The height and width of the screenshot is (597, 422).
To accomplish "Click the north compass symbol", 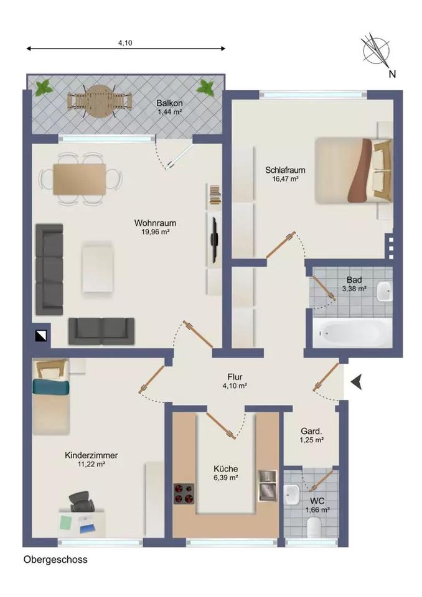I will click(x=376, y=51).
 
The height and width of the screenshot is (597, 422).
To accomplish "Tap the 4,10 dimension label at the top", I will click(x=126, y=43).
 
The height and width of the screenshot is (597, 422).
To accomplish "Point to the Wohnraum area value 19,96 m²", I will click(x=156, y=232).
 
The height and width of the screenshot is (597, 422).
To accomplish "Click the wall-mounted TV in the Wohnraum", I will click(x=213, y=239).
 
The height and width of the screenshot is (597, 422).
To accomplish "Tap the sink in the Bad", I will click(x=385, y=289).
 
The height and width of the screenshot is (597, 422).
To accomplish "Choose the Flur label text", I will click(x=234, y=377).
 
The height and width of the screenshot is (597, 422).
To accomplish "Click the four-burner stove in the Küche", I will click(x=184, y=493).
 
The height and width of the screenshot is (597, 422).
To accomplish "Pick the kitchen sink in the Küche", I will click(x=267, y=485).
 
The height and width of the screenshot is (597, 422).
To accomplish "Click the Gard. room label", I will click(x=311, y=430).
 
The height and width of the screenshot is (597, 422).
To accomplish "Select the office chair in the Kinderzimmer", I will click(x=81, y=501).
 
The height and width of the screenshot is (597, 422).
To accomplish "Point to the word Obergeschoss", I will click(x=55, y=559).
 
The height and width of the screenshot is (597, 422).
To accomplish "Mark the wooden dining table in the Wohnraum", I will click(x=80, y=179).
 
